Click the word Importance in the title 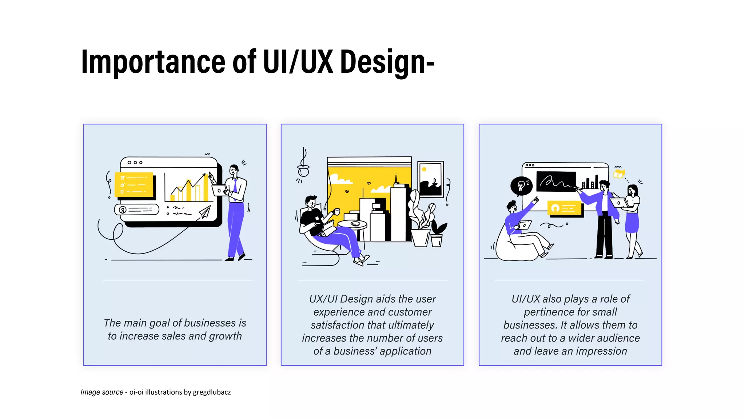pyautogui.click(x=153, y=62)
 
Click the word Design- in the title pyautogui.click(x=387, y=62)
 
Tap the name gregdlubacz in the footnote pyautogui.click(x=212, y=392)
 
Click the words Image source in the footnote pyautogui.click(x=101, y=392)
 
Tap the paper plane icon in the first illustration pyautogui.click(x=205, y=212)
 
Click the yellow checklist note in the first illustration pyautogui.click(x=134, y=184)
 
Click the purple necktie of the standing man pyautogui.click(x=235, y=186)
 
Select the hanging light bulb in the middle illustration pyautogui.click(x=303, y=170)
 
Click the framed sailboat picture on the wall pyautogui.click(x=431, y=179)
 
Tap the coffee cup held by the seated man pyautogui.click(x=337, y=211)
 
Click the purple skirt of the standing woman pyautogui.click(x=632, y=223)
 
